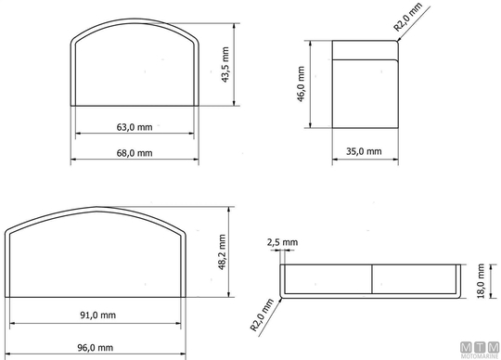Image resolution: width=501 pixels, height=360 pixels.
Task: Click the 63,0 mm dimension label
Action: tap(135, 127)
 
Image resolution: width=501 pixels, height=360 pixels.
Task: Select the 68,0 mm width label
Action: tap(135, 153)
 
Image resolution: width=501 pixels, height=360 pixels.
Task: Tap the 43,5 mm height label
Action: tap(225, 65)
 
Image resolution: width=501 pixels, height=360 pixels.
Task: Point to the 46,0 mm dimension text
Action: tap(301, 84)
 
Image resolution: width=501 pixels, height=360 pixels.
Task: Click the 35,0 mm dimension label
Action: tap(364, 151)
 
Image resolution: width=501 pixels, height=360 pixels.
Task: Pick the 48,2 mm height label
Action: tap(223, 252)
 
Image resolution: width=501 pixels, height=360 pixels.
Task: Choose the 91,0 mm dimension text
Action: tap(97, 315)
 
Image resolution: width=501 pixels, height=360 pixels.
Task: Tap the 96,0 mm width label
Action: tap(96, 348)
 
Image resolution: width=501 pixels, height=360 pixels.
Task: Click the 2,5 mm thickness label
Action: tap(282, 242)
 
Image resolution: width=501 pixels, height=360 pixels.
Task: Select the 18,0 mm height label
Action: tap(482, 281)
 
